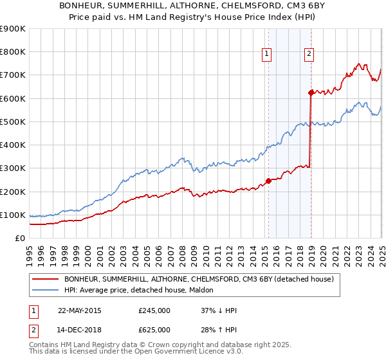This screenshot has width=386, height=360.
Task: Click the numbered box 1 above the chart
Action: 266,55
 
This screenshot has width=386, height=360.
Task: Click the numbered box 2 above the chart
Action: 309,55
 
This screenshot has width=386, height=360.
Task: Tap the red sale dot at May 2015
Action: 268,181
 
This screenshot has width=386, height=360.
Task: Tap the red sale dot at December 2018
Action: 311,93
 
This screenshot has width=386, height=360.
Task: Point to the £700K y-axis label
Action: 13,75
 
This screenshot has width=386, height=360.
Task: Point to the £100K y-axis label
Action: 13,215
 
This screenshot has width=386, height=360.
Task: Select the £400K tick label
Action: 13,145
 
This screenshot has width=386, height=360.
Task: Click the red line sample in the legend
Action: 46,279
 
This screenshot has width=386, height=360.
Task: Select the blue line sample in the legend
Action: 46,291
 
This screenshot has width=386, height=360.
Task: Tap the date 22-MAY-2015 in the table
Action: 80,310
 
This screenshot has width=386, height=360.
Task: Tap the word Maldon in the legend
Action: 208,291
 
